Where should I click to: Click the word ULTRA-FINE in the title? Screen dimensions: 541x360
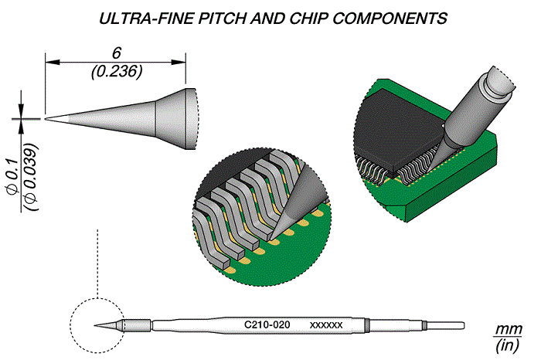(146, 19)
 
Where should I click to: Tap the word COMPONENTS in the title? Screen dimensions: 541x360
(390, 19)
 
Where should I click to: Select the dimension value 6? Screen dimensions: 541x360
(116, 53)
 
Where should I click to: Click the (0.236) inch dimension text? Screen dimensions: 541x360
(117, 71)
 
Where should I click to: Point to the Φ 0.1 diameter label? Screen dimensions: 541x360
(13, 177)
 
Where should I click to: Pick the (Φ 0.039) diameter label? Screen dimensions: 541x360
(30, 177)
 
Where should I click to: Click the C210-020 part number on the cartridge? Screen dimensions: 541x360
(267, 324)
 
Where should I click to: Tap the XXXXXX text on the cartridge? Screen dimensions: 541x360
(326, 325)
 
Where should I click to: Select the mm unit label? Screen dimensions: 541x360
(509, 329)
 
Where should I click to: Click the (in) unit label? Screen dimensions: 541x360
(507, 345)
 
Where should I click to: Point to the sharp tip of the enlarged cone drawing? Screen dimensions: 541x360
(46, 119)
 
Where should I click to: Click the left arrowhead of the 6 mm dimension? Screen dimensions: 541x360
(53, 63)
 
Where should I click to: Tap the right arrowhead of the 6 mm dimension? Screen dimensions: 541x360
(179, 63)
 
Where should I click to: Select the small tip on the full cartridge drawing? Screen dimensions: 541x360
(107, 325)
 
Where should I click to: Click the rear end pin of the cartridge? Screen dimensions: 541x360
(446, 325)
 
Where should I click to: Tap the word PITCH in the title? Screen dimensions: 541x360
(222, 19)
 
